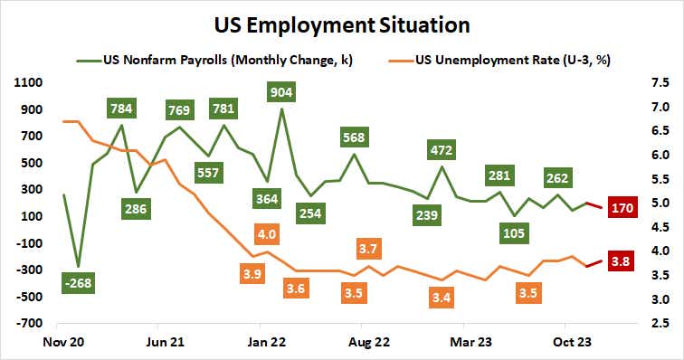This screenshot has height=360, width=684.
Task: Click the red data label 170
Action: tap(623, 208)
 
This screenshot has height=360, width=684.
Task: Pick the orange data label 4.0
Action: tap(267, 234)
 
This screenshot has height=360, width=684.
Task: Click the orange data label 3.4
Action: tap(443, 295)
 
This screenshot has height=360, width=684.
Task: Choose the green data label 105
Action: tap(514, 233)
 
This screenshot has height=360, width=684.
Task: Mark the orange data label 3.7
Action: tap(369, 248)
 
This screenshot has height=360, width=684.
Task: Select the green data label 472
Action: tap(442, 149)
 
